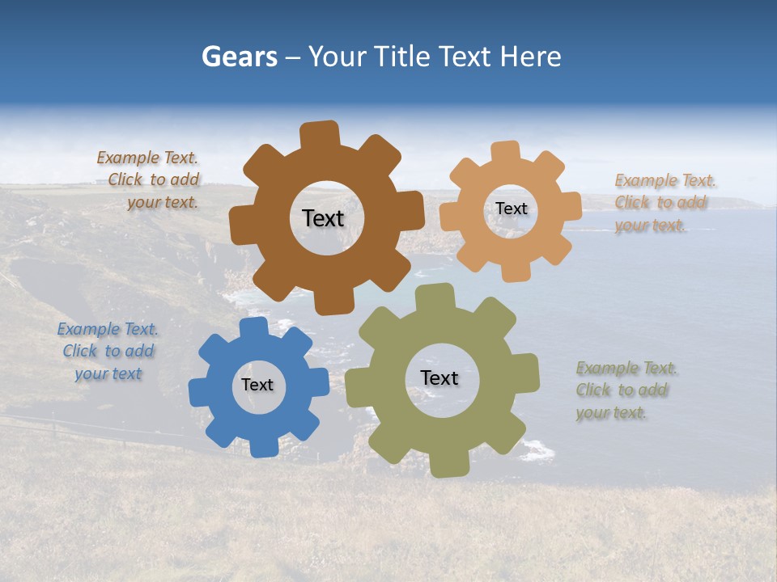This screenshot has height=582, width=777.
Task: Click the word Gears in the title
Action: click(x=239, y=57)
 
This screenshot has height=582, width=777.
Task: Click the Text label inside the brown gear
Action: click(x=323, y=218)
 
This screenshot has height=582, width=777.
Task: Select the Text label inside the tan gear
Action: click(x=512, y=209)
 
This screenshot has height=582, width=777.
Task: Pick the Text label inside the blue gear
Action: click(x=257, y=385)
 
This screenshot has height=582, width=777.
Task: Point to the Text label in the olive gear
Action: click(x=439, y=377)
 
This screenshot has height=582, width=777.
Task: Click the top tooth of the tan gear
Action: click(x=505, y=151)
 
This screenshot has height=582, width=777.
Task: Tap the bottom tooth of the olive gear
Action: click(x=448, y=464)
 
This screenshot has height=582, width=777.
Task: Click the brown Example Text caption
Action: click(x=150, y=180)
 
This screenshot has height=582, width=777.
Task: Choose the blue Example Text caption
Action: click(x=108, y=352)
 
